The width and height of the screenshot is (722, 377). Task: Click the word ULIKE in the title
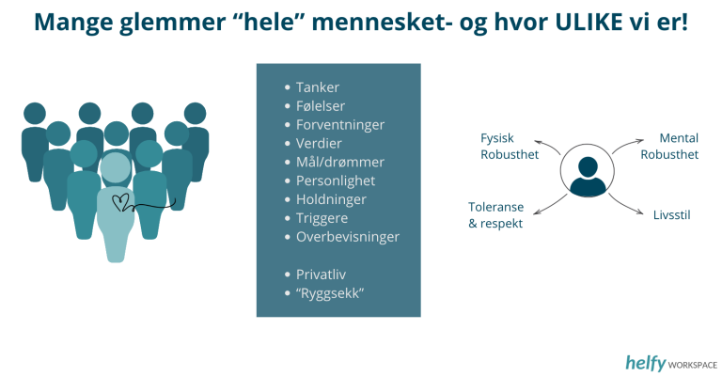[x=587, y=22]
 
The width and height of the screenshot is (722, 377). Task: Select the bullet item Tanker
[x=318, y=87]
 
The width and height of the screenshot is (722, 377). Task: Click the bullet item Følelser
[x=321, y=106]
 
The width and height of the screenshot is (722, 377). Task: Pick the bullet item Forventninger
[x=340, y=125]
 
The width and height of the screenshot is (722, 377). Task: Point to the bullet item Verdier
[x=319, y=143]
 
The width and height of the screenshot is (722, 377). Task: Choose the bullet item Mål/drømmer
[x=340, y=162]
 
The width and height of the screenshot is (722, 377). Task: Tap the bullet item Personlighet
[x=336, y=181]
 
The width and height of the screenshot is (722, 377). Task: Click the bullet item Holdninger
[x=331, y=199]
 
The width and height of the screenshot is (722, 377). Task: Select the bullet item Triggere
[x=322, y=218]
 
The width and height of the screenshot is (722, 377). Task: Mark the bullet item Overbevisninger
[x=348, y=237]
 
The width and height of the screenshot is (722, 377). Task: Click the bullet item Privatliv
[x=321, y=275]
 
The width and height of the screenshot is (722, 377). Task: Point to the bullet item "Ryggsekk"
[x=330, y=293]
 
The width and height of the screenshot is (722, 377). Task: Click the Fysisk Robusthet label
[x=510, y=146]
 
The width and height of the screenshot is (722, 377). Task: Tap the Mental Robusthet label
[x=669, y=146]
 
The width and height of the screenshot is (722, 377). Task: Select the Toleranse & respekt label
[x=496, y=215]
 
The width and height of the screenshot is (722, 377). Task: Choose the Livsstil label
[x=672, y=215]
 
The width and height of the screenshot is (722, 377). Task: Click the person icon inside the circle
[x=588, y=176]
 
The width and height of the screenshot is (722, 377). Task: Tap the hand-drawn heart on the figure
[x=121, y=203]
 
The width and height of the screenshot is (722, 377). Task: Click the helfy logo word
[x=646, y=363]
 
